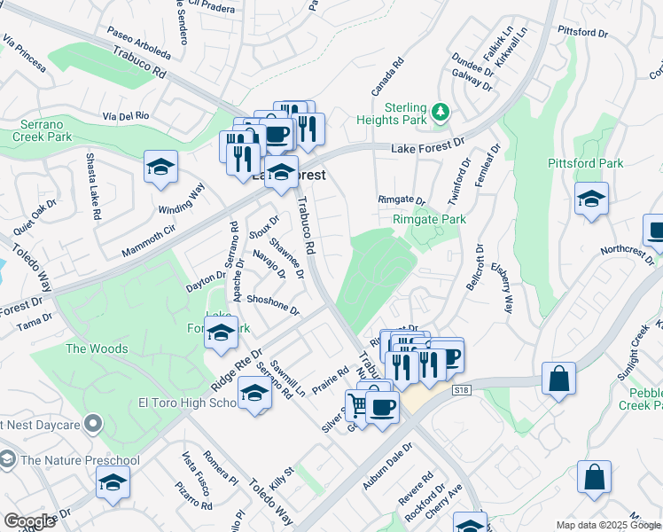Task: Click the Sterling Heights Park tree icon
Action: tap(441, 112)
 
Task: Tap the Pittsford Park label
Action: tap(585, 163)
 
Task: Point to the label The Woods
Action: tap(97, 348)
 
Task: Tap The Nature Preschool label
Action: tap(80, 460)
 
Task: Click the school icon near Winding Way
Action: tap(160, 167)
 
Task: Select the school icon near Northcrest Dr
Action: tap(590, 199)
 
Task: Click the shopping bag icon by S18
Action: tap(560, 379)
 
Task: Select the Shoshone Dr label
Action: tap(273, 305)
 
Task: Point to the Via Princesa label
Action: tap(24, 53)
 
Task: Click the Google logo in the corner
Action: tap(28, 521)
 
